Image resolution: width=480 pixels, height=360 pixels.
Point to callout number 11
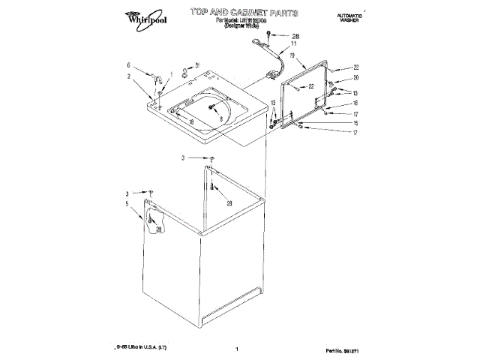pos(294,44)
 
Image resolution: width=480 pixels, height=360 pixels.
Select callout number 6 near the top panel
pos(128,65)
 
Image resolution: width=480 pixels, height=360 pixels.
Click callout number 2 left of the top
pos(128,76)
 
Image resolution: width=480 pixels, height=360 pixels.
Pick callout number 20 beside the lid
pos(356,78)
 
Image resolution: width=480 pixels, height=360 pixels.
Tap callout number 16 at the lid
pos(355,103)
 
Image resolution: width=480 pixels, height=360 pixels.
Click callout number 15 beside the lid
pos(355,123)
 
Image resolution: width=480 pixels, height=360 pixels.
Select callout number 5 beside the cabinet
pos(127,203)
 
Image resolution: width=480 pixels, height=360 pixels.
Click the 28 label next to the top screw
pos(294,36)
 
